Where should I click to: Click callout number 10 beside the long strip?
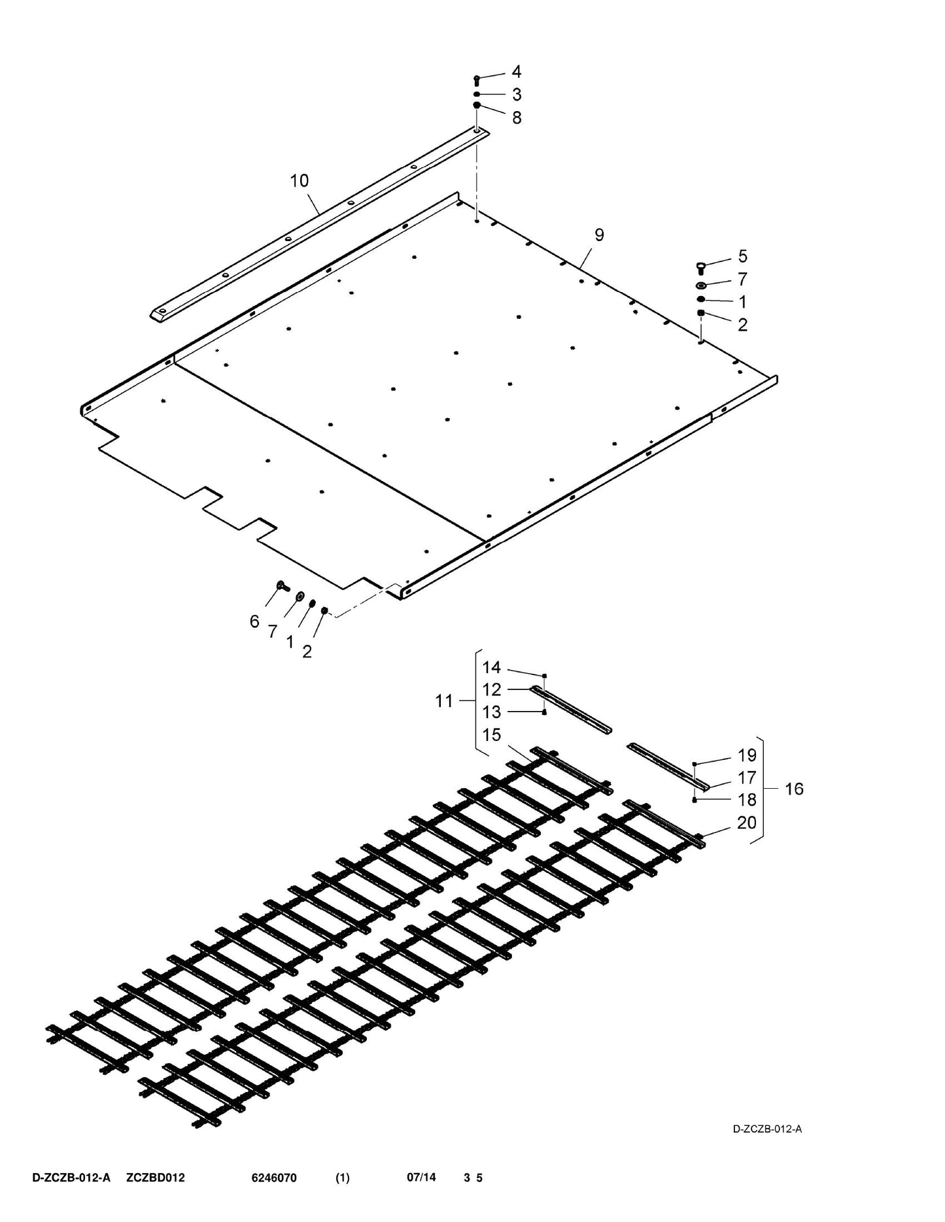pos(300,181)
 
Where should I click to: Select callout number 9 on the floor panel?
pos(599,235)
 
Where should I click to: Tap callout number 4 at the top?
pos(517,72)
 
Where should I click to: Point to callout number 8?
pos(517,118)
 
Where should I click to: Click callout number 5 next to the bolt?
pos(742,256)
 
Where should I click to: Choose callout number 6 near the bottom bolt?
pos(254,621)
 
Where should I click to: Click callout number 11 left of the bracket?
pos(444,701)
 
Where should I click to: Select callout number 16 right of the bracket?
pos(794,789)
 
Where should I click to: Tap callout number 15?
pos(492,735)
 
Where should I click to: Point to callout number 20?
pos(747,823)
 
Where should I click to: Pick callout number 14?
pos(492,667)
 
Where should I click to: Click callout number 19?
pos(747,755)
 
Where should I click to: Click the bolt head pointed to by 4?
pos(477,80)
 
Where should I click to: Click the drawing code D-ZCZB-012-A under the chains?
pos(767,1129)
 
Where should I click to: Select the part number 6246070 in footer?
pos(274,1178)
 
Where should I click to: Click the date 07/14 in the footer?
pos(421,1178)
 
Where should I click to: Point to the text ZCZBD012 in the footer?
pos(156,1178)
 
